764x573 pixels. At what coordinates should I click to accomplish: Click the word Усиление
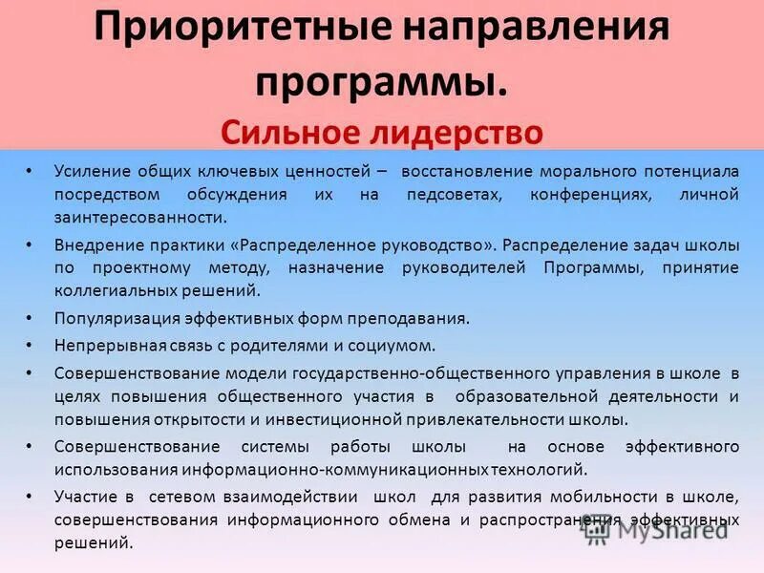tap(89, 171)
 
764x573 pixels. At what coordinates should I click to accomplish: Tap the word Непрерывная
tap(103, 345)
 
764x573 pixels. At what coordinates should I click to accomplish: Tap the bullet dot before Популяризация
tap(30, 318)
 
